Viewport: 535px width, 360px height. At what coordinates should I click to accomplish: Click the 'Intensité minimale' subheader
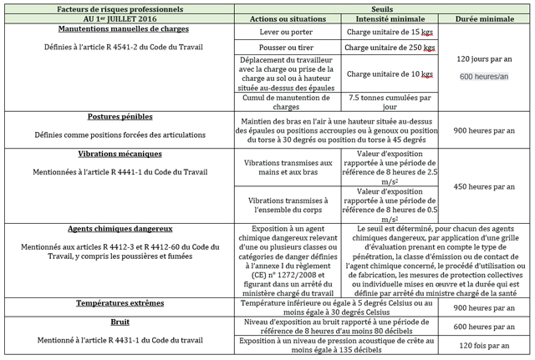click(389, 18)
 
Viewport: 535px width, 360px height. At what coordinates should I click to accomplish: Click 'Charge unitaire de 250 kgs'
click(389, 48)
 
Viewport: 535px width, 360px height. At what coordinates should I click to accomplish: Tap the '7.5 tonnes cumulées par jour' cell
click(389, 101)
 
